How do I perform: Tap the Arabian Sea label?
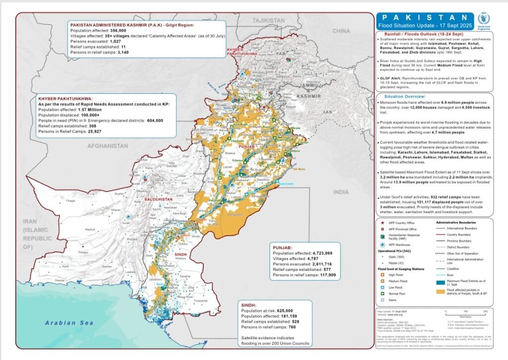tap(63, 323)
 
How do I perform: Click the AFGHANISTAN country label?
tap(107, 146)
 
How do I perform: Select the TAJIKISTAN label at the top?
tap(266, 20)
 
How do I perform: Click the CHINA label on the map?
tap(341, 31)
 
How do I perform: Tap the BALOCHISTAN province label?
tap(158, 199)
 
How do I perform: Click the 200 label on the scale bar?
tap(485, 311)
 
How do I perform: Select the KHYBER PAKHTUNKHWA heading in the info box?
tap(65, 99)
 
